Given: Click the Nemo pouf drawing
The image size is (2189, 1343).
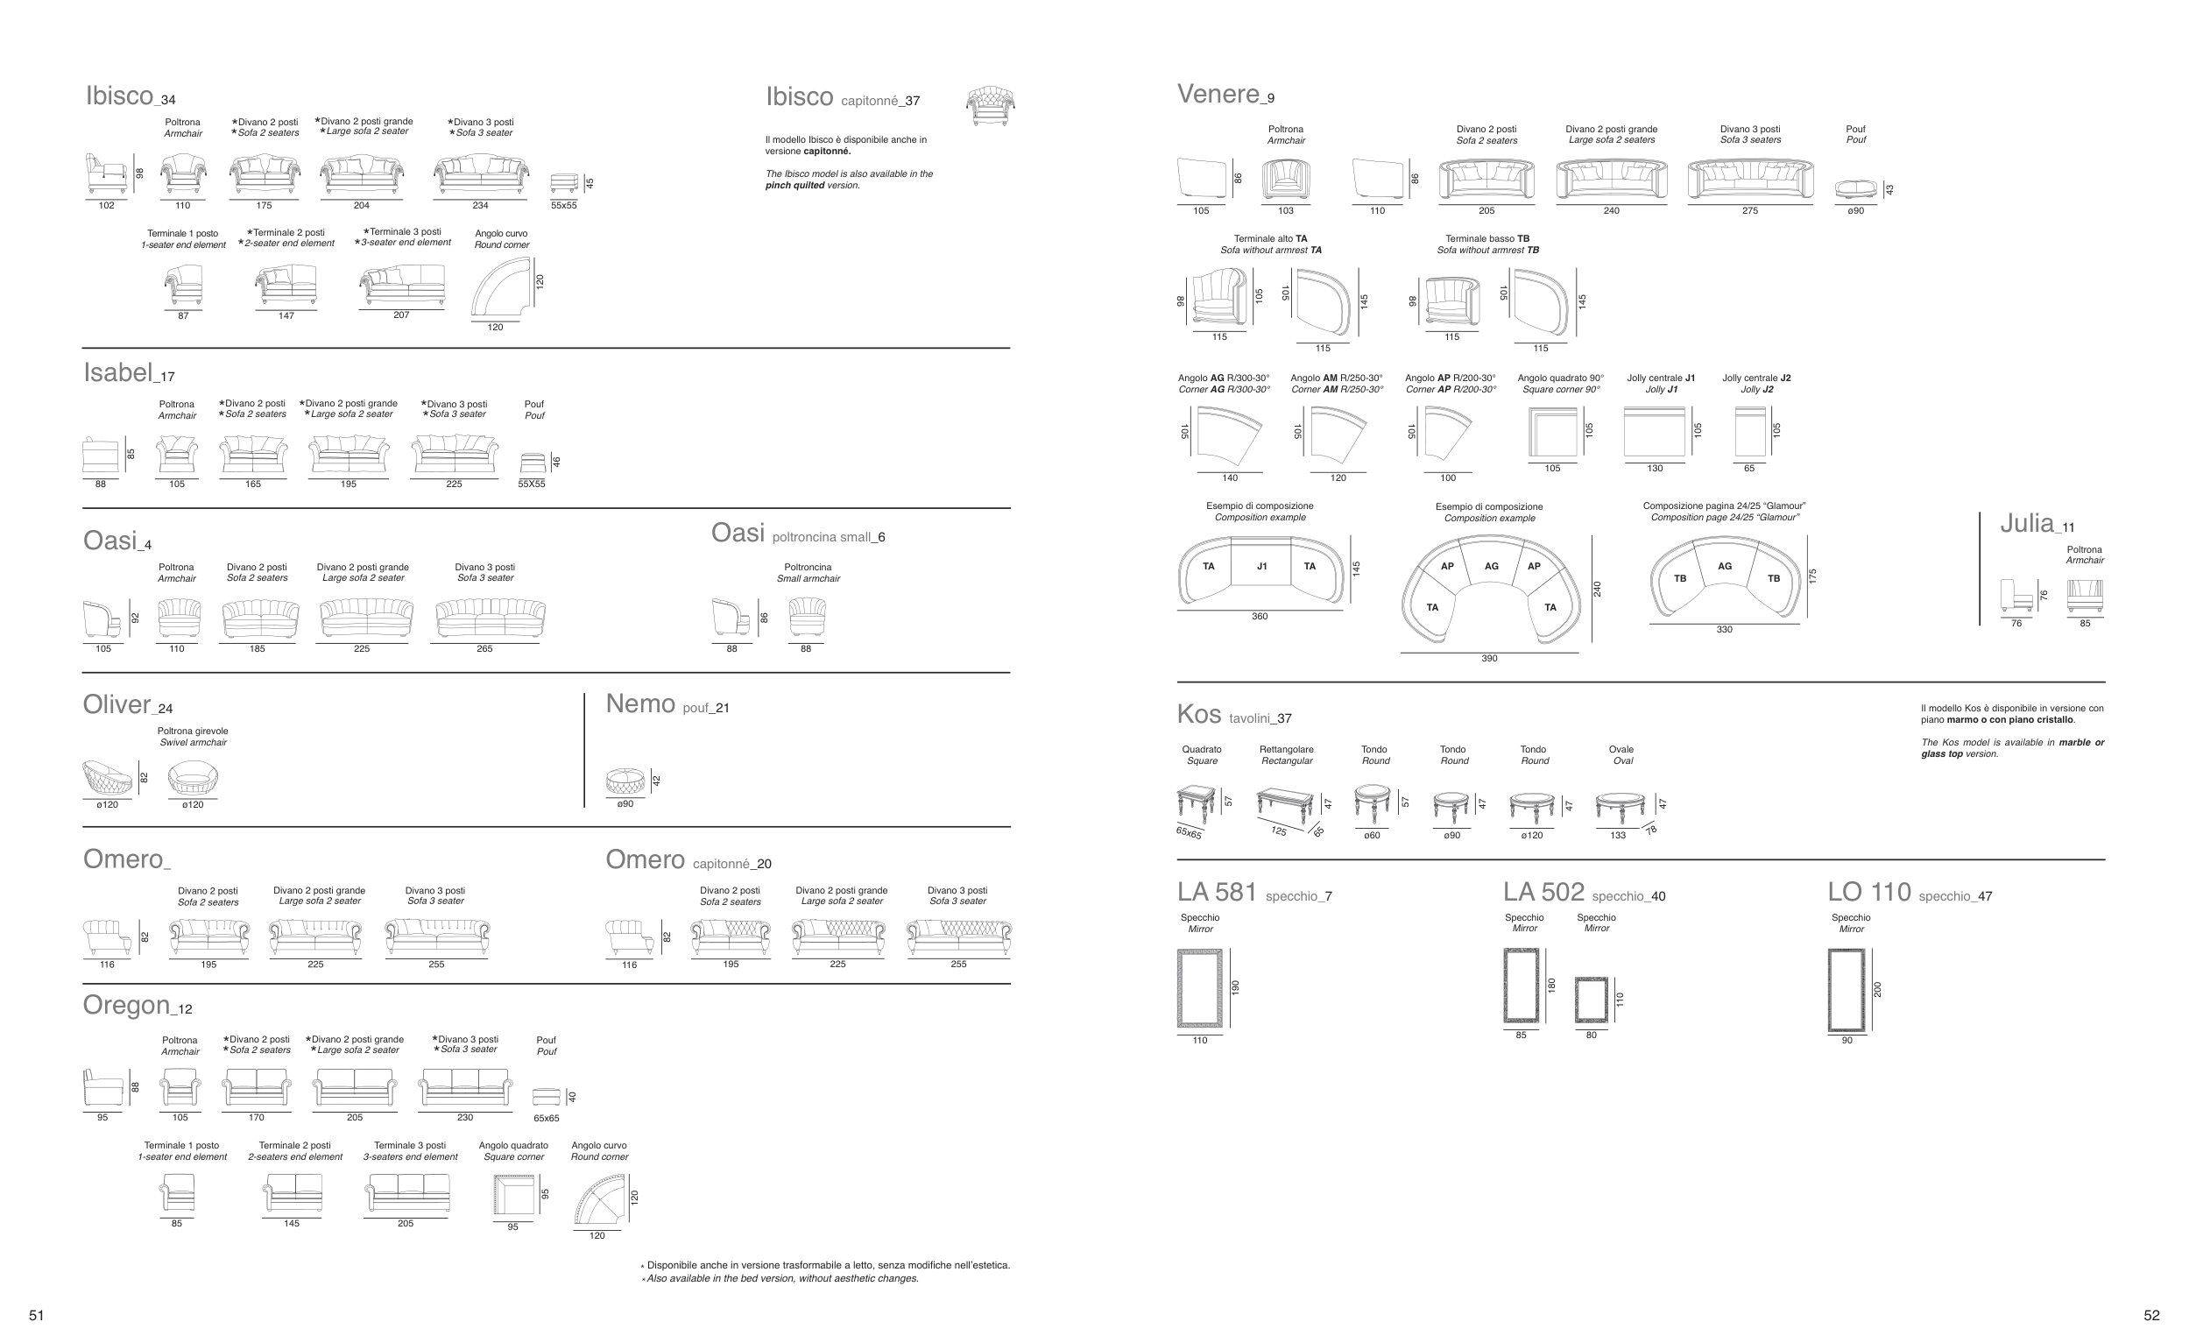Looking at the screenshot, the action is tap(625, 781).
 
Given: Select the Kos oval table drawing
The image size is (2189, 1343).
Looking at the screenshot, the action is tap(1620, 807).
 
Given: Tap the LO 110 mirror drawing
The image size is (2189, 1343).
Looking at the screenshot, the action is tap(1847, 990).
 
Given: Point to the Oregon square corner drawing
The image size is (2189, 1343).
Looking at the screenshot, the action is tap(513, 1195).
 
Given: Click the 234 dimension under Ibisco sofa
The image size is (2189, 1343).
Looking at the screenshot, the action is tap(480, 205).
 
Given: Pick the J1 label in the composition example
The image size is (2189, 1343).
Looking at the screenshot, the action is tap(1261, 566).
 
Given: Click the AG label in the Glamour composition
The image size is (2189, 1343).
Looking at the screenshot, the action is tap(1725, 566).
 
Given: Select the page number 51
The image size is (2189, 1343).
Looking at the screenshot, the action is tap(37, 1316).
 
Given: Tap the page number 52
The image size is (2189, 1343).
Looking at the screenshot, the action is tap(2151, 1316).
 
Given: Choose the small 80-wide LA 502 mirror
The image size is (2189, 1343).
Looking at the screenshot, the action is tap(1591, 1000).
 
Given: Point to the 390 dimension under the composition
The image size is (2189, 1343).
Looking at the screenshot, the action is tap(1489, 658).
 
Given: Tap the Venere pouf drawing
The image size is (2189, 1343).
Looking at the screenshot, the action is tap(1856, 189).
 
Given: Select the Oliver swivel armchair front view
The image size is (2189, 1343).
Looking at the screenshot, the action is tap(193, 779).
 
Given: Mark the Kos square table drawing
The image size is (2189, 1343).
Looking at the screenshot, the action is tap(1197, 803).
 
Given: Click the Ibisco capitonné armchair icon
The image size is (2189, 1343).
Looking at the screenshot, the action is tap(991, 106).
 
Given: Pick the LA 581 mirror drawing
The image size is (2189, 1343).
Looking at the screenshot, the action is tap(1199, 987).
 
